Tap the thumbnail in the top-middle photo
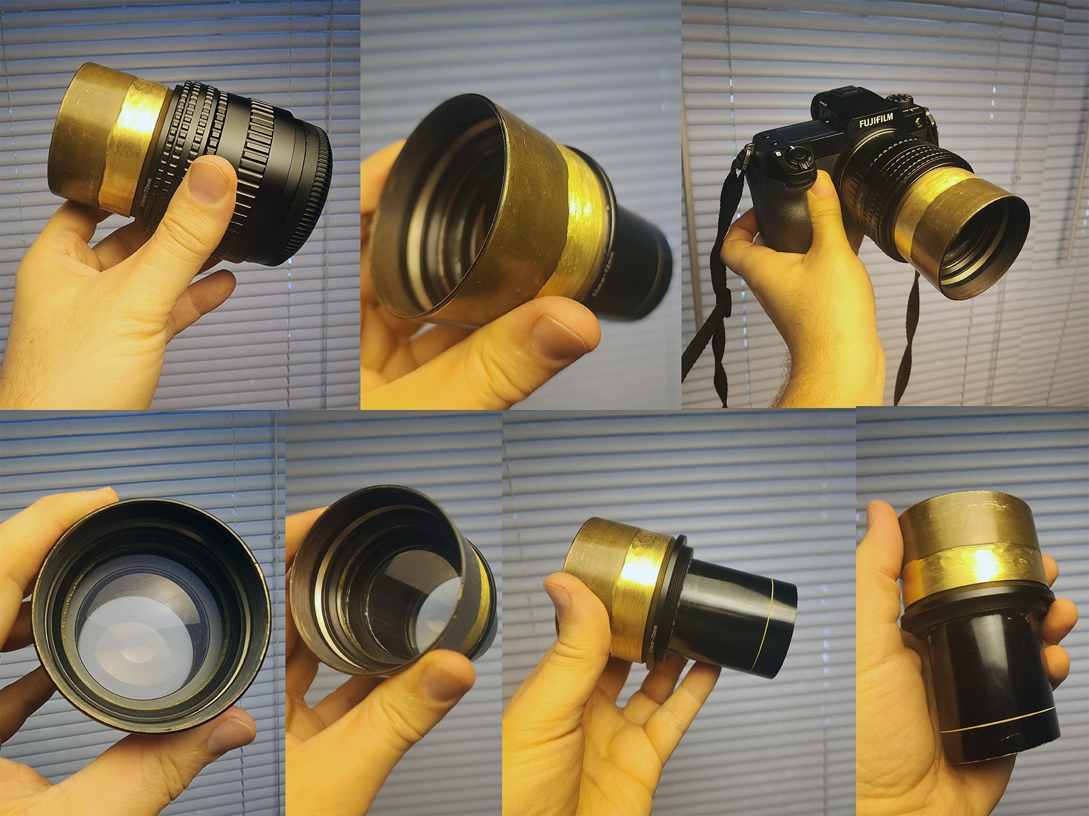pos(559,338)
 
